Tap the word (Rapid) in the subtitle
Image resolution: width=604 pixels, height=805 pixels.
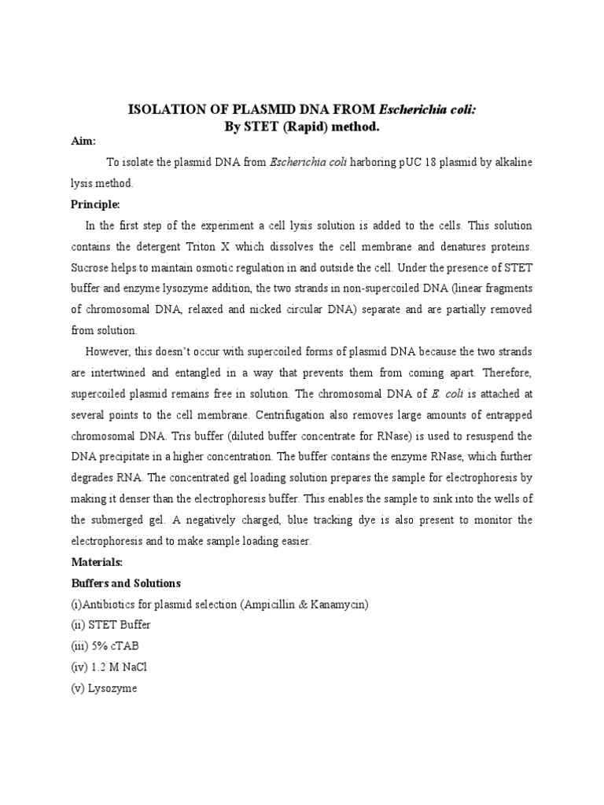295,127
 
